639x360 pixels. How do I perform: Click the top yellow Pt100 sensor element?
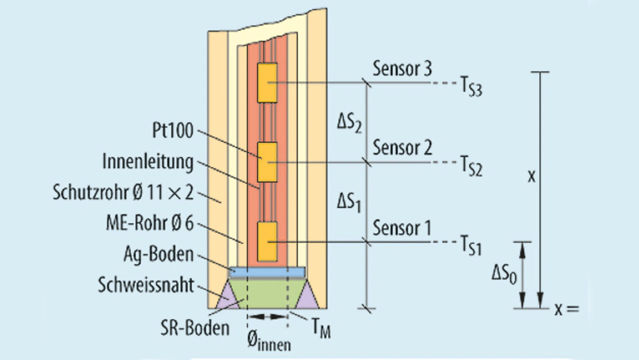[267, 81]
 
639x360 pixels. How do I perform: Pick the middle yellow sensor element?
[267, 162]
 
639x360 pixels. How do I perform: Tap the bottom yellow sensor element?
[267, 242]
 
